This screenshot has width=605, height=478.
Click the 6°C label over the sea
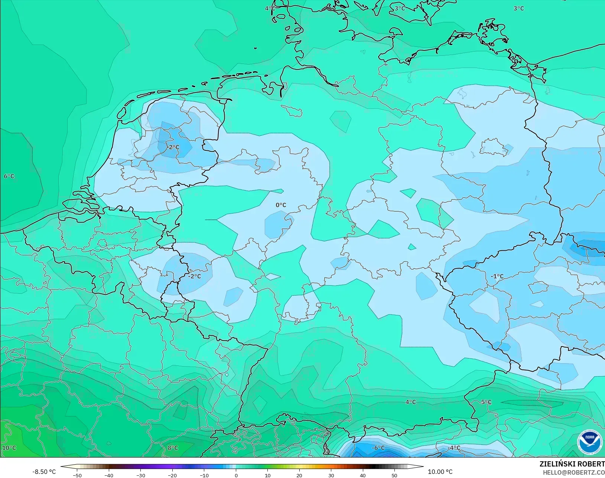pyautogui.click(x=9, y=176)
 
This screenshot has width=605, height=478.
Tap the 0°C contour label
pyautogui.click(x=281, y=205)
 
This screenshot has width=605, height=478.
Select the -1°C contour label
pyautogui.click(x=497, y=276)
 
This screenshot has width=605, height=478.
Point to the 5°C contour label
pyautogui.click(x=486, y=402)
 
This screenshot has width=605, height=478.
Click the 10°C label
pyautogui.click(x=9, y=448)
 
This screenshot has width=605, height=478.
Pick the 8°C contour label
pyautogui.click(x=173, y=448)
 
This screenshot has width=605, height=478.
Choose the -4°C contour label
pyautogui.click(x=453, y=448)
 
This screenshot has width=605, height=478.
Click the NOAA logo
pyautogui.click(x=590, y=441)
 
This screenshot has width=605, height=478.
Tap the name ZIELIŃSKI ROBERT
pyautogui.click(x=572, y=464)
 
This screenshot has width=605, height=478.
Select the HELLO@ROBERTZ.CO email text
pyautogui.click(x=574, y=472)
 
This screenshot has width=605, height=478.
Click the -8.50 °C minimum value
pyautogui.click(x=44, y=472)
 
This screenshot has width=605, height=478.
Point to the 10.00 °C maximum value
pyautogui.click(x=440, y=472)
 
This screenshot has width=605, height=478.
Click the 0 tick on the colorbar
pyautogui.click(x=236, y=475)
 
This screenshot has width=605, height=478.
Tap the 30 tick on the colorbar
pyautogui.click(x=331, y=475)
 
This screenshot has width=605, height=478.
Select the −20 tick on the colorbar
pyautogui.click(x=172, y=475)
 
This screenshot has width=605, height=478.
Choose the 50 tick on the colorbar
pyautogui.click(x=394, y=475)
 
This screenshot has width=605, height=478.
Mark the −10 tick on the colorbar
pyautogui.click(x=204, y=475)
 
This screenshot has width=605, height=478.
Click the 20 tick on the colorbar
pyautogui.click(x=299, y=475)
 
